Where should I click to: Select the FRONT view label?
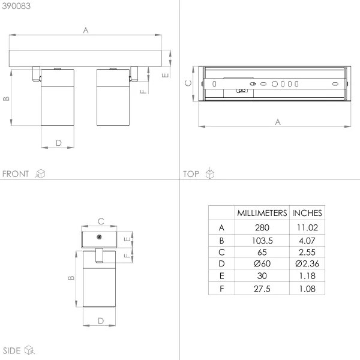click(x=16, y=174)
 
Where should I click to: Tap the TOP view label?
click(x=191, y=174)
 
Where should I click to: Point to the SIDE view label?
click(x=12, y=350)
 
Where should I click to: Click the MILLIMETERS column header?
click(x=262, y=213)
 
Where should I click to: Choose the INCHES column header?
click(x=307, y=213)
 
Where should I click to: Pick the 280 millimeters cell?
click(x=262, y=228)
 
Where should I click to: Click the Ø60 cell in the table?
click(x=262, y=263)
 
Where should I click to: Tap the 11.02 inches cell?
click(x=307, y=228)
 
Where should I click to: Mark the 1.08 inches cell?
click(x=307, y=289)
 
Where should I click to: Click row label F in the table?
click(x=221, y=289)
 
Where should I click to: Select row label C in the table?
click(x=221, y=252)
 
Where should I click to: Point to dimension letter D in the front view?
click(x=58, y=142)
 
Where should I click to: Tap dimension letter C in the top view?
click(x=188, y=83)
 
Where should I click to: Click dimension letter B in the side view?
click(x=70, y=278)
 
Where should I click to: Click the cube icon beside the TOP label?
click(x=209, y=174)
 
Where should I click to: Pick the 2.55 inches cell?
click(x=307, y=252)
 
